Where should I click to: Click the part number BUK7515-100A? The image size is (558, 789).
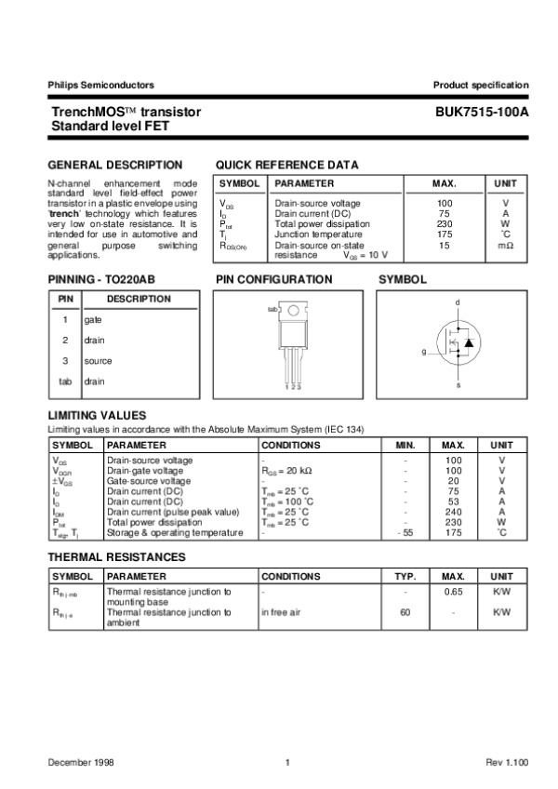(481, 112)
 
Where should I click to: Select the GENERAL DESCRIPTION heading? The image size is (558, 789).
(113, 165)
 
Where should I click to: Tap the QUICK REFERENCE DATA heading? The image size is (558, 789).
(286, 165)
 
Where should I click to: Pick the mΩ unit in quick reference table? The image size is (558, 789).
(505, 245)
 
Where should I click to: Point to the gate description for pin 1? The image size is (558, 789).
(92, 319)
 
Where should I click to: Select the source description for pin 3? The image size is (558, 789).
(98, 360)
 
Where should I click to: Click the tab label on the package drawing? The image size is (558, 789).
(272, 309)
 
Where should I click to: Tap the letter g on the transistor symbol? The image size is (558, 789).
(423, 352)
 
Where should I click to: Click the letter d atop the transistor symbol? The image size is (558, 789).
(457, 303)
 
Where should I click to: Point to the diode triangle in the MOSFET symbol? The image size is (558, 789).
(469, 343)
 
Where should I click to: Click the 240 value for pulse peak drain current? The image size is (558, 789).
(453, 512)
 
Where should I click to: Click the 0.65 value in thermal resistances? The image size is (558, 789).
(453, 592)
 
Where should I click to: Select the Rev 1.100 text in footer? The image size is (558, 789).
(506, 763)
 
